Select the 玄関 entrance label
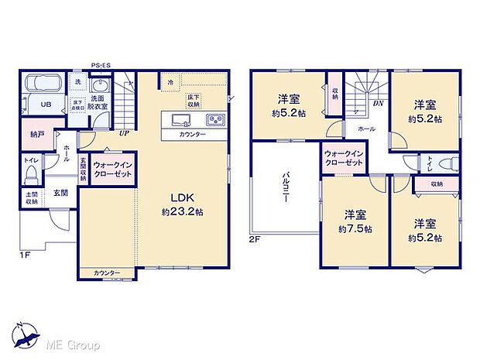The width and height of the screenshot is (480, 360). pos(60,194)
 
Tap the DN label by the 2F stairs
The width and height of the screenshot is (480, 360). pos(379,102)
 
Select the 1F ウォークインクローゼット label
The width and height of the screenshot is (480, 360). pos(113,169)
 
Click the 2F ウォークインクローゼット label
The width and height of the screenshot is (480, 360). pos(343,158)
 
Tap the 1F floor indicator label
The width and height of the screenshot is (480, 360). pos(26,252)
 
